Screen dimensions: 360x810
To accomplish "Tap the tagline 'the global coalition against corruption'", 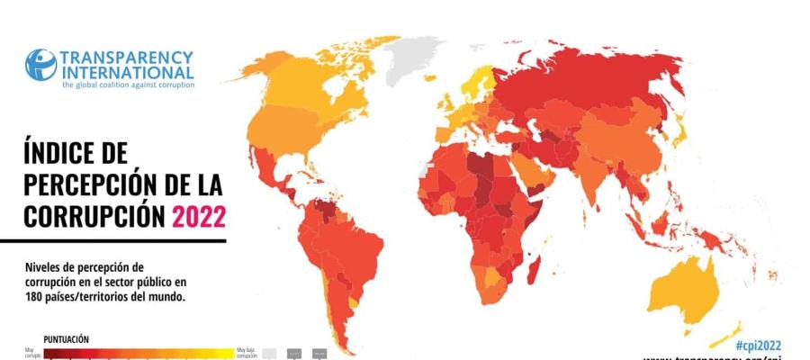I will (x=126, y=85).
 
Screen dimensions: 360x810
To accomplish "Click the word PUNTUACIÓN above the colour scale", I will (x=66, y=339).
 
